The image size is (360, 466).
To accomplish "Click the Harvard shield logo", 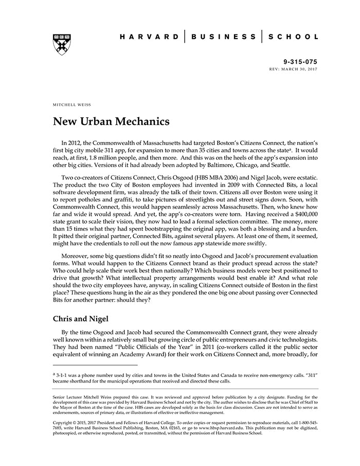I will click(62, 44).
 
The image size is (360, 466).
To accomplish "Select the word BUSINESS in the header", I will click(223, 37).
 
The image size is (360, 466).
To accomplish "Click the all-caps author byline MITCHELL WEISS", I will click(72, 104).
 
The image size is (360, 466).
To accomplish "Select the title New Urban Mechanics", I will click(111, 123).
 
